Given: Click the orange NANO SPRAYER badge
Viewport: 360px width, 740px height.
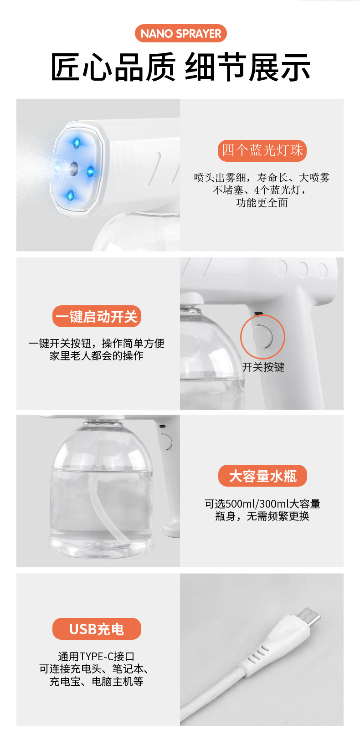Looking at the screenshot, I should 180,33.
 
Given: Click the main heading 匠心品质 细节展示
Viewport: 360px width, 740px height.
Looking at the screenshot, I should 180,67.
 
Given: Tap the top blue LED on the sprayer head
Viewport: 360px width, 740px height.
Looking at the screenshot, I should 77,143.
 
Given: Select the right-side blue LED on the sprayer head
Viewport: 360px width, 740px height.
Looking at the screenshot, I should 90,171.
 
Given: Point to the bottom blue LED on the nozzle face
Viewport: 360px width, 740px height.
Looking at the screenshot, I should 70,195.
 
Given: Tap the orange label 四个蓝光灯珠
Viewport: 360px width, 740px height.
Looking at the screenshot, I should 262,150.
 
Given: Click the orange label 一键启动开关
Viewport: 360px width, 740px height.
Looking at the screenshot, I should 97,316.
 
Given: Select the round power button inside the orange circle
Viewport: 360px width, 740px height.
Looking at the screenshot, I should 262,336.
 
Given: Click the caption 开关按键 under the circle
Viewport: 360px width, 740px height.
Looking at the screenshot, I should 263,367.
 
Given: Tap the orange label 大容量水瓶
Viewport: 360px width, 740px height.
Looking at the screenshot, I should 262,476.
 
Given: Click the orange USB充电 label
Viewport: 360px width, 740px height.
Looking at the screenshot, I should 97,629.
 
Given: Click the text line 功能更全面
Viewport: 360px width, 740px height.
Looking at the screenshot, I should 262,203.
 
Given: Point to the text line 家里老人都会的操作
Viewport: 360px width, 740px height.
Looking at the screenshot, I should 97,355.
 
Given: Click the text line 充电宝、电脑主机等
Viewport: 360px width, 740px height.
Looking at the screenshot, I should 97,682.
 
